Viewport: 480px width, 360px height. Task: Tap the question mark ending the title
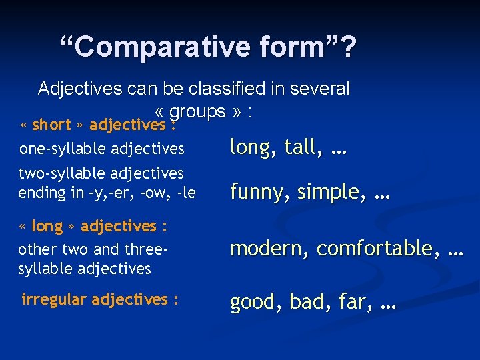(349, 47)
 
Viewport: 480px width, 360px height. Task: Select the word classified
(225, 89)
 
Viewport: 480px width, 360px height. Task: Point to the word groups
(199, 111)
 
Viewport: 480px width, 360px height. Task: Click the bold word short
(51, 125)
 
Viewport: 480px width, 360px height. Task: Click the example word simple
(327, 192)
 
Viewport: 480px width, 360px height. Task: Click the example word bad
(306, 302)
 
